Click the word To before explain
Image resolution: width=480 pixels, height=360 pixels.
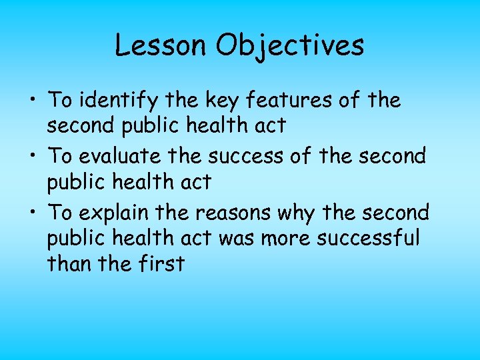pos(60,213)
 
